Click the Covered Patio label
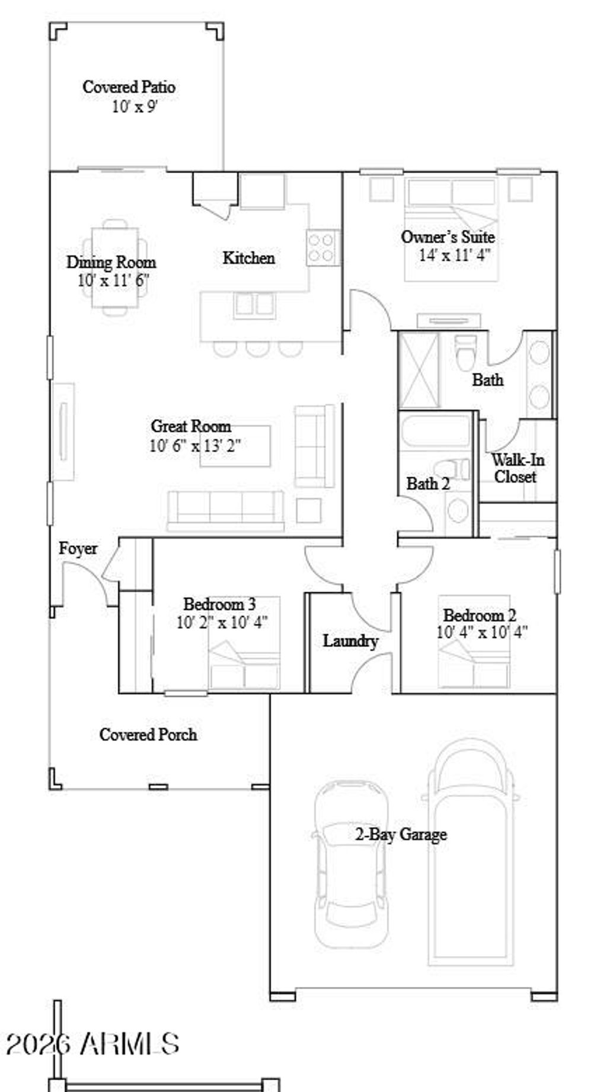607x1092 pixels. [129, 87]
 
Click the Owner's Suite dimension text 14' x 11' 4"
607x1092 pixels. [455, 256]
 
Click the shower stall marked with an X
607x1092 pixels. [419, 370]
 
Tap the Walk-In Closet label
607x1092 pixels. [517, 468]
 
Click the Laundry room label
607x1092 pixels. [350, 641]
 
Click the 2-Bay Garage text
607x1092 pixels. [401, 835]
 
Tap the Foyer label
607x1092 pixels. [78, 549]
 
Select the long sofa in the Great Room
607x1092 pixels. [225, 510]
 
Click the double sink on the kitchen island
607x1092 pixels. [255, 305]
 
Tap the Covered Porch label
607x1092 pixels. [148, 735]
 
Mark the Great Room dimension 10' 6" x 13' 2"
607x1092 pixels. [194, 446]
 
